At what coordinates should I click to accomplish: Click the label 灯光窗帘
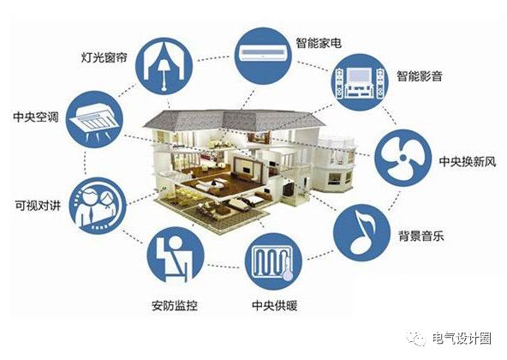[104, 57]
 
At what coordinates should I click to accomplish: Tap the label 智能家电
[319, 43]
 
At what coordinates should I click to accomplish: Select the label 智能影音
[420, 76]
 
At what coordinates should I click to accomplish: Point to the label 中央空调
[36, 117]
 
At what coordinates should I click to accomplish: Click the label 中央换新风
[468, 161]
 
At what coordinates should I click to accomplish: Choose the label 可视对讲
[38, 205]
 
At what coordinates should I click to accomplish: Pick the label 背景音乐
[421, 236]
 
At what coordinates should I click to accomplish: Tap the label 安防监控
[175, 306]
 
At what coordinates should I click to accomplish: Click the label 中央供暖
[275, 306]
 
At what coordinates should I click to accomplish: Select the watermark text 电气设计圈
[462, 339]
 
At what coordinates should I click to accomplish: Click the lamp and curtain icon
[164, 66]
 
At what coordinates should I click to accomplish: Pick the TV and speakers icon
[360, 82]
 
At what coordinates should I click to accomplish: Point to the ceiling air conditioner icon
[94, 119]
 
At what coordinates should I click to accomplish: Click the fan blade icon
[403, 158]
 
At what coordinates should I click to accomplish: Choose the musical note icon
[361, 232]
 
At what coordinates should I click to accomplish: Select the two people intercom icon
[98, 206]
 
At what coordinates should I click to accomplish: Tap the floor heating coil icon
[273, 261]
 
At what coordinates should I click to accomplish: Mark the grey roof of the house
[234, 120]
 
